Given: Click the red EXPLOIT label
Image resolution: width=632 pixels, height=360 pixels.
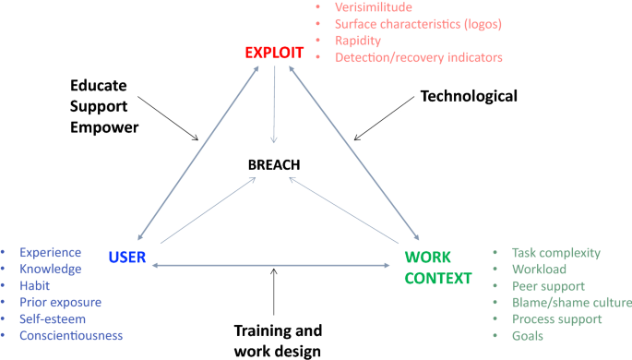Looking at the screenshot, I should coord(274,52).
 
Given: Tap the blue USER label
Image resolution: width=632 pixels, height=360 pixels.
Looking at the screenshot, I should coord(127,257).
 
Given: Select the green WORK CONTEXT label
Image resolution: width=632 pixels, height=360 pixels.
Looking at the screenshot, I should coord(438,266).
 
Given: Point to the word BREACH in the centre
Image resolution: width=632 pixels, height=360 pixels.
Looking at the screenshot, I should coord(275,165).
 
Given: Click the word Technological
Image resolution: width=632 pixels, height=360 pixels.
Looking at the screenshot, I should coord(469,95).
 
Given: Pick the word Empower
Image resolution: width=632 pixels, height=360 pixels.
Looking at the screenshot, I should coord(104,127).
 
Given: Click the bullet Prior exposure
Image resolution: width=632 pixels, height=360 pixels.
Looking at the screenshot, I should coord(61,302).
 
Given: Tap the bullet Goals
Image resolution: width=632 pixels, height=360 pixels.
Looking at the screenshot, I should coord(528,335).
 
